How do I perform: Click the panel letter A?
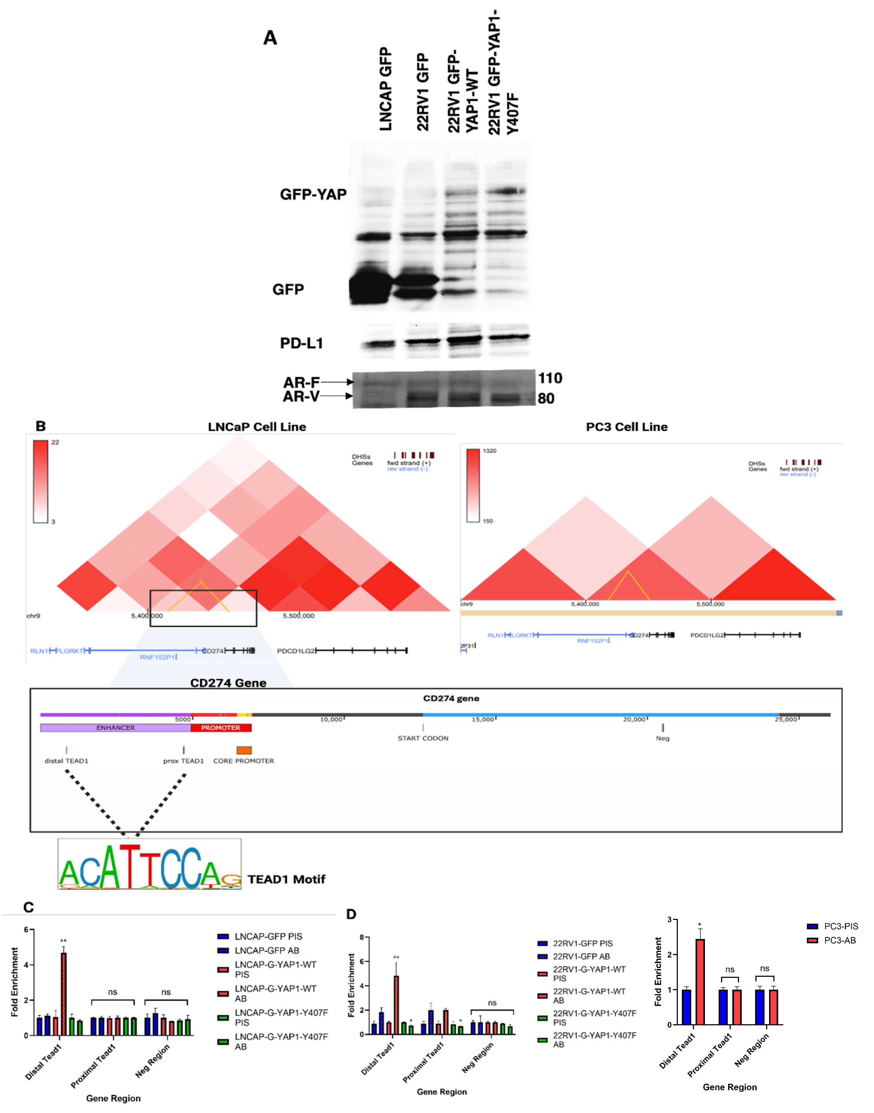coord(270,38)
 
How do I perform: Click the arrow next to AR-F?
coord(337,382)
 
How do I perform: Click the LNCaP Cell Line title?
coord(257,427)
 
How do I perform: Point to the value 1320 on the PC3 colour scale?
coord(489,451)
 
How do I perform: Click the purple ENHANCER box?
coord(116,727)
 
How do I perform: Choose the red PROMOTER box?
coord(221,727)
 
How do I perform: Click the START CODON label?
coord(423,738)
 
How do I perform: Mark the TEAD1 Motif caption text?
coord(287,879)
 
